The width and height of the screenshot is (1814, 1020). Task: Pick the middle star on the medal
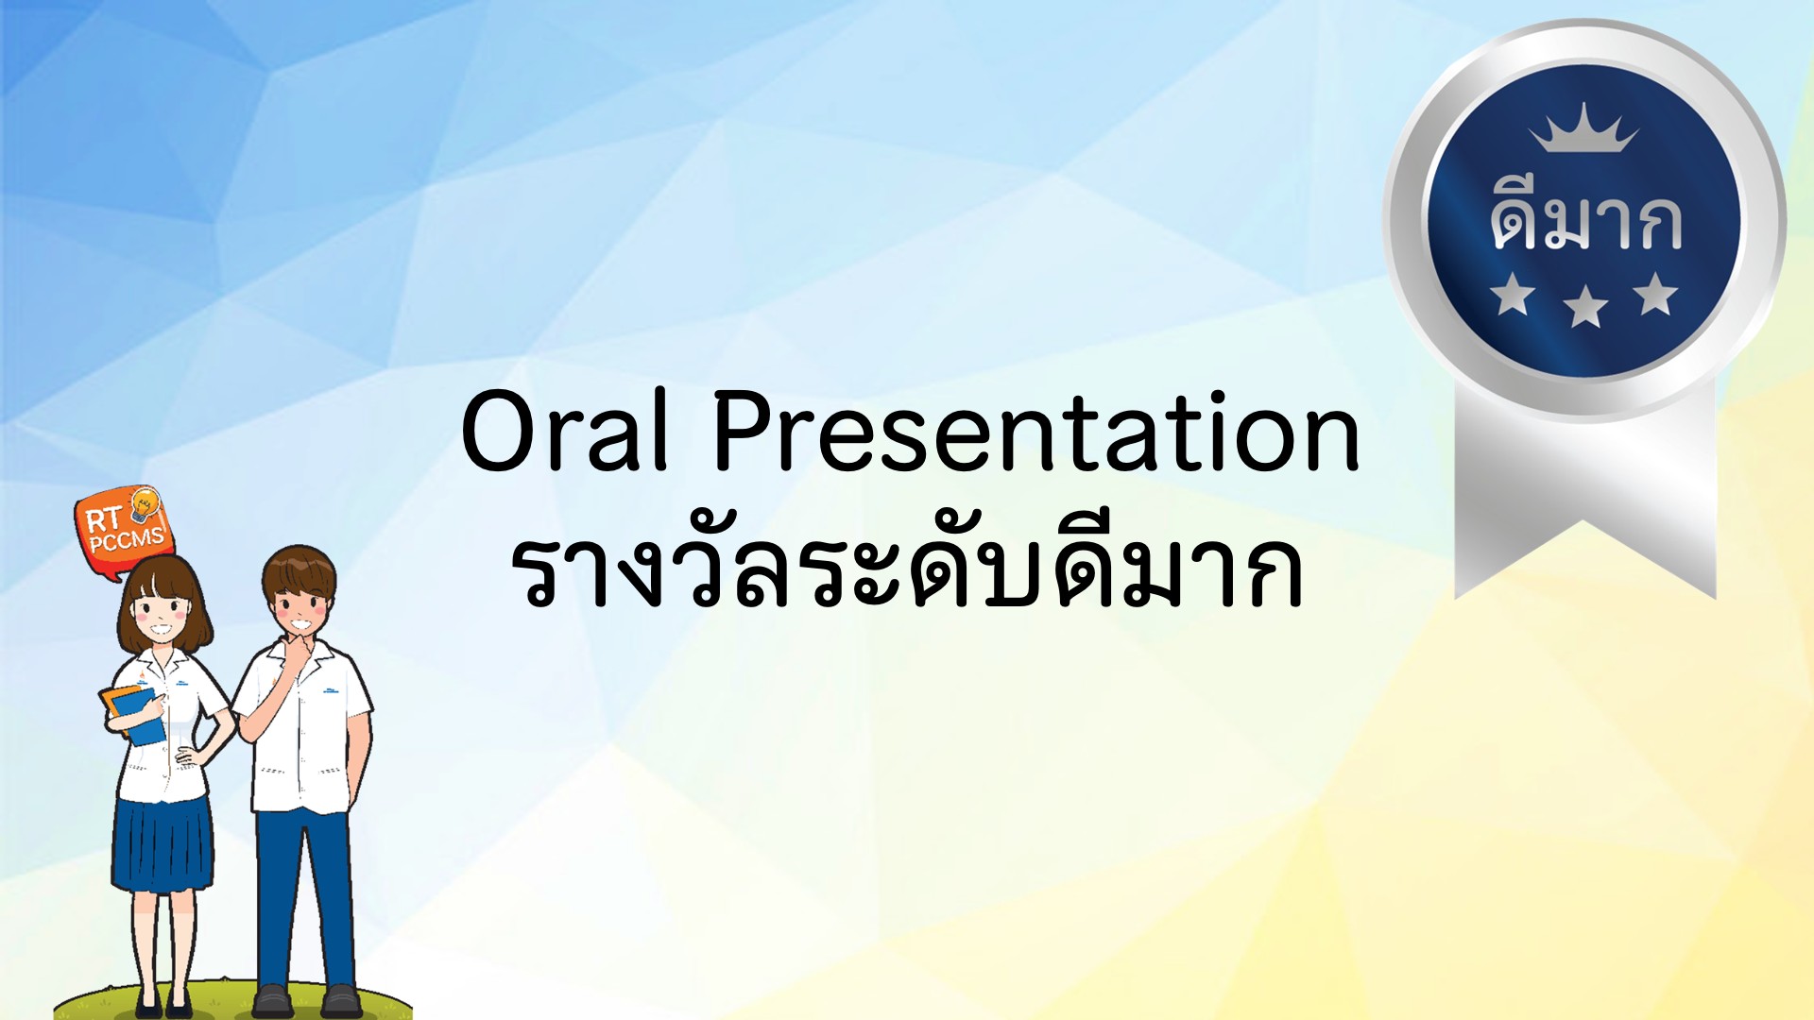(1585, 307)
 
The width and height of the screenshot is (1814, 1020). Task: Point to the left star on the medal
(1513, 294)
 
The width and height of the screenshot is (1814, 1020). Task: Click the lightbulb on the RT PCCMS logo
(145, 505)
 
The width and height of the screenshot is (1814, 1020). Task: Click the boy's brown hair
(299, 570)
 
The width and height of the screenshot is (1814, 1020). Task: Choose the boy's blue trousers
(304, 897)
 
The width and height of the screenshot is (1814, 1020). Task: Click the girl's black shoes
(163, 1003)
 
